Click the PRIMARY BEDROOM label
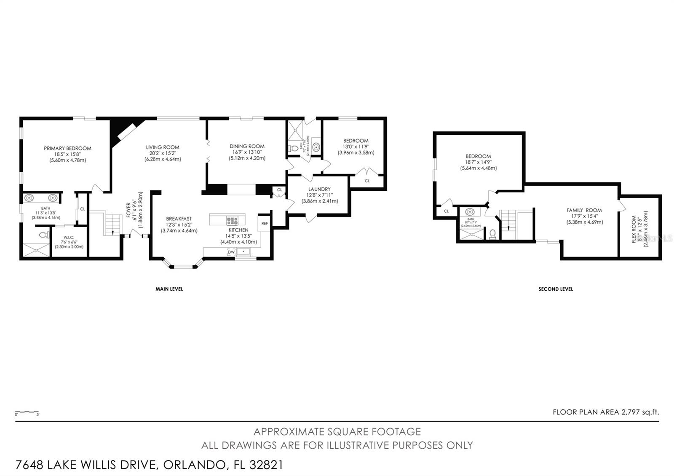pyautogui.click(x=67, y=148)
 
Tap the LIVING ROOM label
pyautogui.click(x=163, y=147)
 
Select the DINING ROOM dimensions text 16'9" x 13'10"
pyautogui.click(x=247, y=152)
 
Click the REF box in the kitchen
pyautogui.click(x=265, y=224)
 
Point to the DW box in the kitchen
pyautogui.click(x=231, y=252)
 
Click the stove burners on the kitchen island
pyautogui.click(x=232, y=220)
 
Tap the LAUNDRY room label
pyautogui.click(x=319, y=189)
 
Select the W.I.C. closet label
pyautogui.click(x=69, y=238)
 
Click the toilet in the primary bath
pyautogui.click(x=42, y=235)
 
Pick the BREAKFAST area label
pyautogui.click(x=179, y=219)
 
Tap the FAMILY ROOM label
pyautogui.click(x=584, y=210)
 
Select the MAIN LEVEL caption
pyautogui.click(x=169, y=289)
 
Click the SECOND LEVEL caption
pyautogui.click(x=555, y=289)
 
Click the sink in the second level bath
pyautogui.click(x=471, y=212)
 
